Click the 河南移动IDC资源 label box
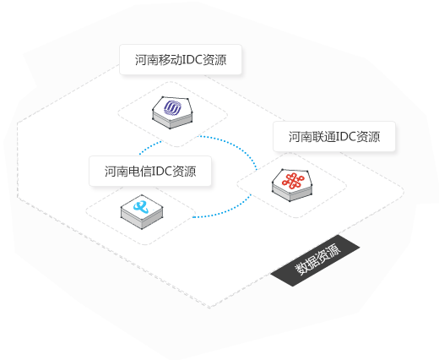(x=181, y=59)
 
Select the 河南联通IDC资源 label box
(x=334, y=137)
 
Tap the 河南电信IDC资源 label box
(x=150, y=171)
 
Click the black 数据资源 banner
(x=315, y=260)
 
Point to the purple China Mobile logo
(x=172, y=108)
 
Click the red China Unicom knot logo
(x=293, y=181)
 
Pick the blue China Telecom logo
(x=141, y=207)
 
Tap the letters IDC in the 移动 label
(x=192, y=60)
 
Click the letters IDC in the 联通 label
(x=346, y=137)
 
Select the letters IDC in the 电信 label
(x=162, y=172)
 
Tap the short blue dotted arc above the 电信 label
(x=149, y=146)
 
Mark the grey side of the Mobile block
(x=172, y=122)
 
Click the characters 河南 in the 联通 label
(x=301, y=137)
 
